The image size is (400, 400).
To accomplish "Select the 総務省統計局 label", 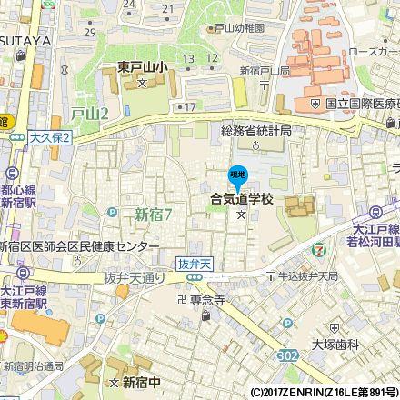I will [256, 131].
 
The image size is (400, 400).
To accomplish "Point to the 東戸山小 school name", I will [142, 66].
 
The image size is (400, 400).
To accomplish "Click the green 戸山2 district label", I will [89, 113].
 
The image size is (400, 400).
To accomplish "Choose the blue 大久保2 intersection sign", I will [49, 135].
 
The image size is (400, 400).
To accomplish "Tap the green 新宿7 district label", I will [153, 214].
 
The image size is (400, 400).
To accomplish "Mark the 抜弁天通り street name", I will [141, 277].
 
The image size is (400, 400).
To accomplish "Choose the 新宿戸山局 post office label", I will [265, 71].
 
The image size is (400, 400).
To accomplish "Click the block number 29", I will [89, 32].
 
